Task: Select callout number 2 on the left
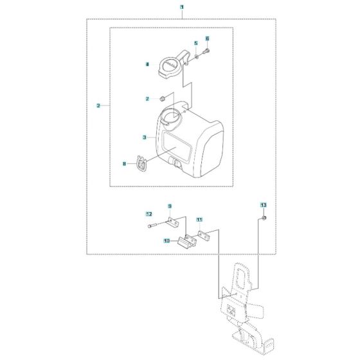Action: pyautogui.click(x=98, y=105)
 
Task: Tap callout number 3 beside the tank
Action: pyautogui.click(x=146, y=137)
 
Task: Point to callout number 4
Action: pyautogui.click(x=147, y=64)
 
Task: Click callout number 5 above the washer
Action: pyautogui.click(x=195, y=43)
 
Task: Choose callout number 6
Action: pyautogui.click(x=208, y=39)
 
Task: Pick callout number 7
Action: pyautogui.click(x=147, y=98)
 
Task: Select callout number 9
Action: pyautogui.click(x=170, y=206)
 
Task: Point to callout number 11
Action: pyautogui.click(x=199, y=219)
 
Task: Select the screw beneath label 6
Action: pyautogui.click(x=208, y=50)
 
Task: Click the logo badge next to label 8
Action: pyautogui.click(x=141, y=165)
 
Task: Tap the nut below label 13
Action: pyautogui.click(x=263, y=220)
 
